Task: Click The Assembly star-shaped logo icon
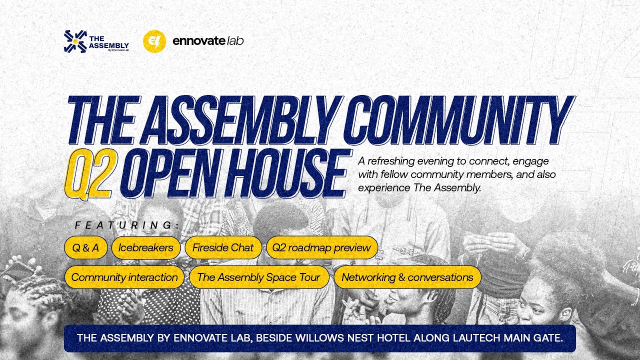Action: click(x=75, y=41)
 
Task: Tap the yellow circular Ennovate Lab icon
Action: click(x=154, y=41)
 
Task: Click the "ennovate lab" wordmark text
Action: click(x=208, y=41)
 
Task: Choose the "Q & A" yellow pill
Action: click(x=85, y=247)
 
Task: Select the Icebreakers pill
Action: click(x=146, y=247)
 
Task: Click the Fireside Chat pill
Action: click(x=223, y=247)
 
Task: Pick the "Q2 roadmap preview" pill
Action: click(x=321, y=247)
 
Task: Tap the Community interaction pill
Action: click(x=124, y=277)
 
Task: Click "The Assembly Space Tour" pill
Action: click(x=258, y=277)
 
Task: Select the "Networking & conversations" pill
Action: click(x=407, y=277)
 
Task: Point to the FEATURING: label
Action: click(x=127, y=225)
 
